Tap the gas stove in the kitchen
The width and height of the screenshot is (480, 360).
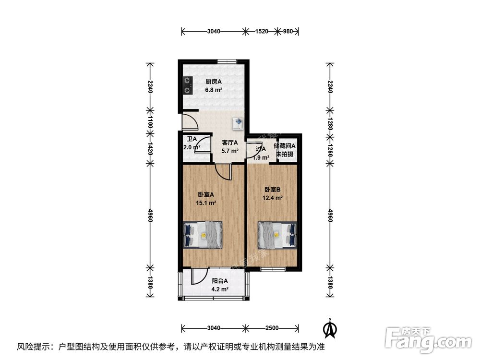coord(187,85)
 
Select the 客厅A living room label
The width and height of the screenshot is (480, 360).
coord(230,143)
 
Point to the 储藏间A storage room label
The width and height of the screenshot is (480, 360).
coord(285,146)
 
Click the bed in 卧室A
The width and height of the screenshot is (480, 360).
coord(203,235)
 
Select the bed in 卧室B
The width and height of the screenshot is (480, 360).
coord(277,235)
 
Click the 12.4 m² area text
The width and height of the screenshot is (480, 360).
coord(273,197)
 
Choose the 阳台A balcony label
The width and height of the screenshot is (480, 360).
coord(219,281)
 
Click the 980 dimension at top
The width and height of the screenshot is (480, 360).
coord(288,32)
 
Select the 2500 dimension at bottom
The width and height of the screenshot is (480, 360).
coord(271,328)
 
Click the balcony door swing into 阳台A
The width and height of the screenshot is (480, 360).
coord(196,276)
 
